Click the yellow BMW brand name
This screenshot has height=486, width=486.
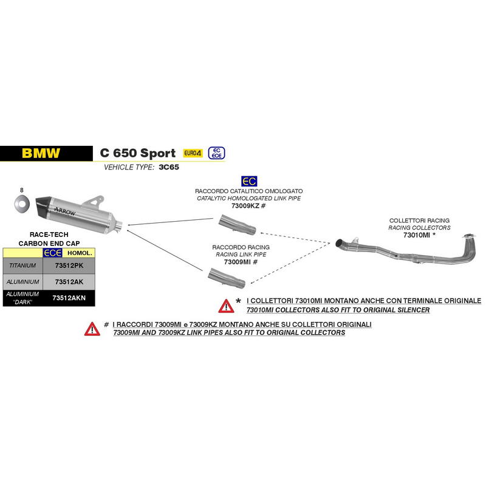[41, 153]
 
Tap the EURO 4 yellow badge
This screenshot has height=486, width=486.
[193, 153]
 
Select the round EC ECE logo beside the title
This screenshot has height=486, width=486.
[216, 153]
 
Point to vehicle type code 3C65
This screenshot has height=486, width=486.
[169, 167]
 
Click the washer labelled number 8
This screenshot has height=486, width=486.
[22, 204]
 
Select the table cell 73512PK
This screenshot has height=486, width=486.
[69, 265]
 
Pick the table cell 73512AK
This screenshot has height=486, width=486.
[69, 282]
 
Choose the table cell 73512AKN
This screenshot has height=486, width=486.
[69, 298]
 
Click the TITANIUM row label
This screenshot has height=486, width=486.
[22, 265]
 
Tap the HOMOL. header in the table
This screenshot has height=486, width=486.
[80, 253]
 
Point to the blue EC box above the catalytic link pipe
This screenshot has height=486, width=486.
[249, 181]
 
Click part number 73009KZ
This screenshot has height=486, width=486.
[245, 206]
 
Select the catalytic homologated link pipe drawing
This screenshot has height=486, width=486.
[237, 225]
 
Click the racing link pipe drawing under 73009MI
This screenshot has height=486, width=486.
[227, 278]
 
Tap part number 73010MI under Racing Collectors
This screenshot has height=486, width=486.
[417, 235]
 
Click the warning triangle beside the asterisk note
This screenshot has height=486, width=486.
[226, 306]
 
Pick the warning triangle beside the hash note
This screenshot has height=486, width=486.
[92, 329]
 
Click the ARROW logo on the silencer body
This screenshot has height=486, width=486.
[65, 211]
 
